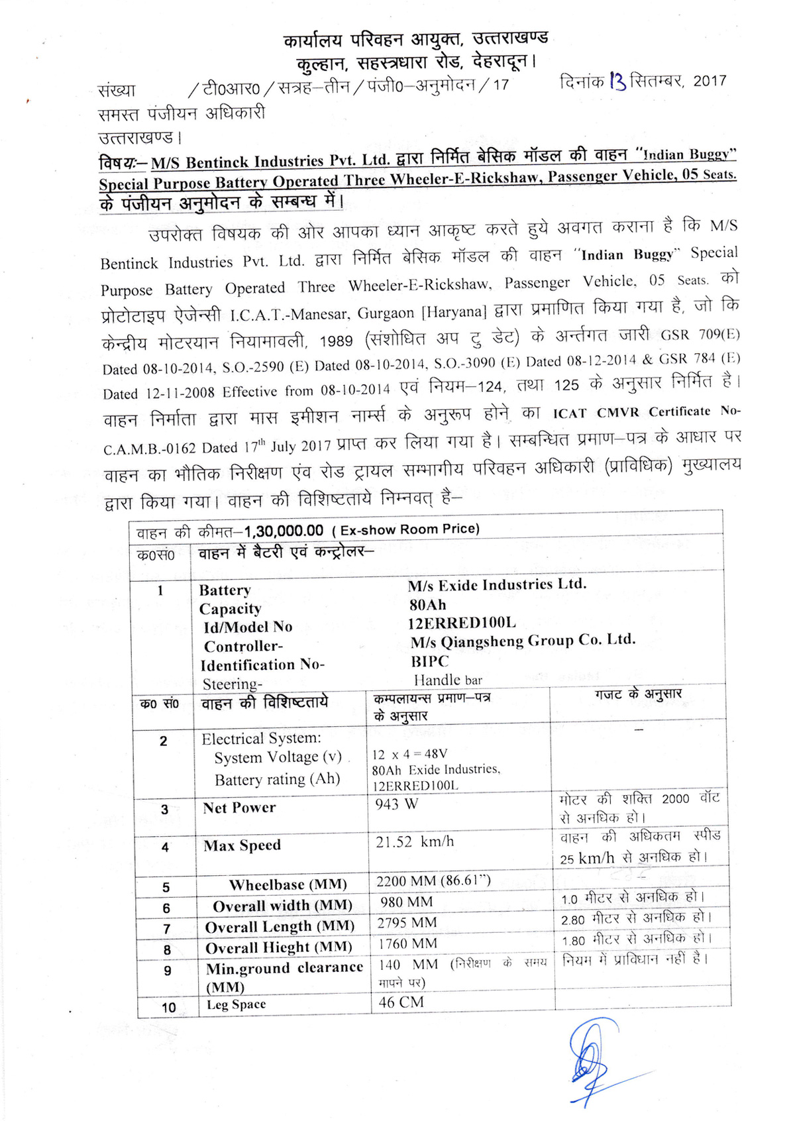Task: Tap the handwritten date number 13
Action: coord(617,81)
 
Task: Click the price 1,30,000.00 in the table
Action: coord(284,531)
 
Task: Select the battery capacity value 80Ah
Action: coord(428,605)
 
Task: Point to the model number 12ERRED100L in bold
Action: coord(462,623)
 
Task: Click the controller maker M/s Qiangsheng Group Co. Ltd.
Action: coord(523,641)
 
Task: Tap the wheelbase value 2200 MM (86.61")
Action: coord(433,881)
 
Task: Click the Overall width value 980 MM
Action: coord(406,902)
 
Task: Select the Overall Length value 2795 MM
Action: coord(407,922)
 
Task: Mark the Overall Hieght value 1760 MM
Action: coord(407,943)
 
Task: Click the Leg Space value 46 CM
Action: coord(401,1002)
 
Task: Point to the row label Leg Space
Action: coord(237,1004)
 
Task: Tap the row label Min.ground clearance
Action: coord(284,968)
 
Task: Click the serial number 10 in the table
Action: coord(169,1008)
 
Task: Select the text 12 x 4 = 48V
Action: coord(409,754)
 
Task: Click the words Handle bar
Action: coord(448,680)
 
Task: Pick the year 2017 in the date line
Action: coord(710,81)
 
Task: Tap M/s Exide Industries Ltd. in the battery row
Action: coord(497,585)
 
